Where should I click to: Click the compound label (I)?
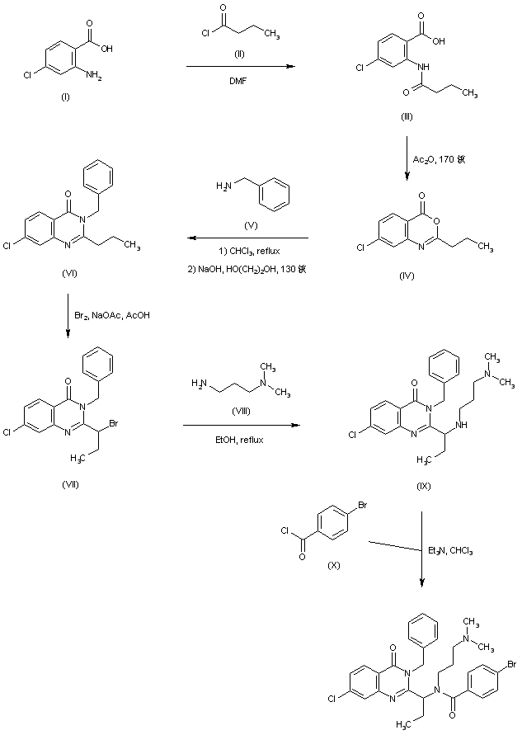pos(65,97)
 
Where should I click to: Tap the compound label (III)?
pos(407,118)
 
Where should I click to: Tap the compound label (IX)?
pos(423,484)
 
